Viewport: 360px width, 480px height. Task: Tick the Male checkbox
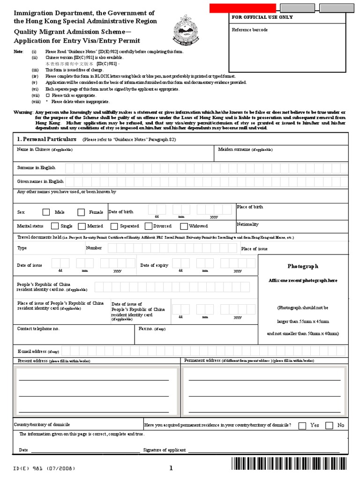pos(46,212)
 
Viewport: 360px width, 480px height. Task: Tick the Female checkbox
pos(81,212)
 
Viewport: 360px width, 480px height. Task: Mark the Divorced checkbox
pos(149,226)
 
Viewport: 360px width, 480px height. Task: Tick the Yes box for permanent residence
pos(302,425)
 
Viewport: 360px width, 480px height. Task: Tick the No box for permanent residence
pos(329,425)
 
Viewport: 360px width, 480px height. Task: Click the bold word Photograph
pos(303,266)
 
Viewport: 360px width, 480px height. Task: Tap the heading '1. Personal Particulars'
pos(46,139)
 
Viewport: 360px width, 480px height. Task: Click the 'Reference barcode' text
pos(250,30)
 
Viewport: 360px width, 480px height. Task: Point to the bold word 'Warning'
pos(22,112)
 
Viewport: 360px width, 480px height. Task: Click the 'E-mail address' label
pos(32,351)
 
